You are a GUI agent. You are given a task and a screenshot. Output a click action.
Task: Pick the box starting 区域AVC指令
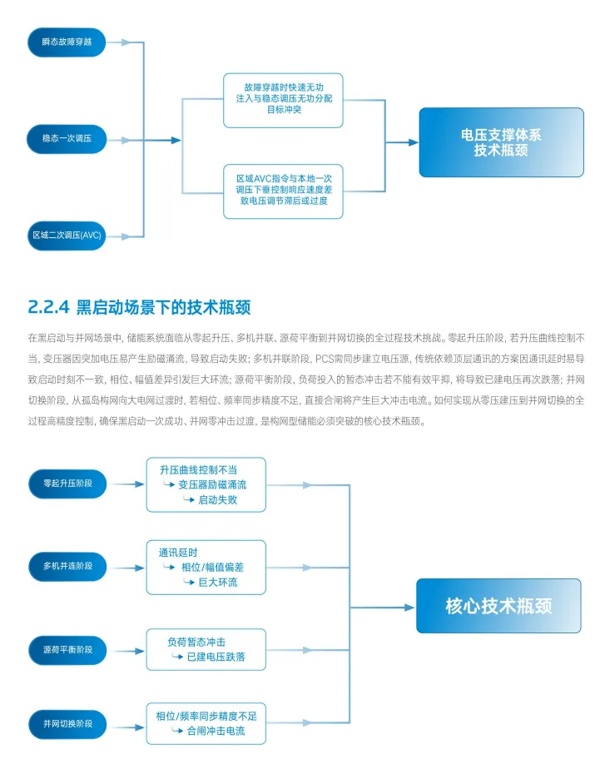pyautogui.click(x=282, y=191)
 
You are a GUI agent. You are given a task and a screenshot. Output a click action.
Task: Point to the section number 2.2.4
pyautogui.click(x=47, y=305)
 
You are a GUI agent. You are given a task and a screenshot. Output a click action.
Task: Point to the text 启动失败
pyautogui.click(x=217, y=499)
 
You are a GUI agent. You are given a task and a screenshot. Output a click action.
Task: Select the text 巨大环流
pyautogui.click(x=217, y=582)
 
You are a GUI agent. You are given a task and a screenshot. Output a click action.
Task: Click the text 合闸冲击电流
pyautogui.click(x=215, y=731)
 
